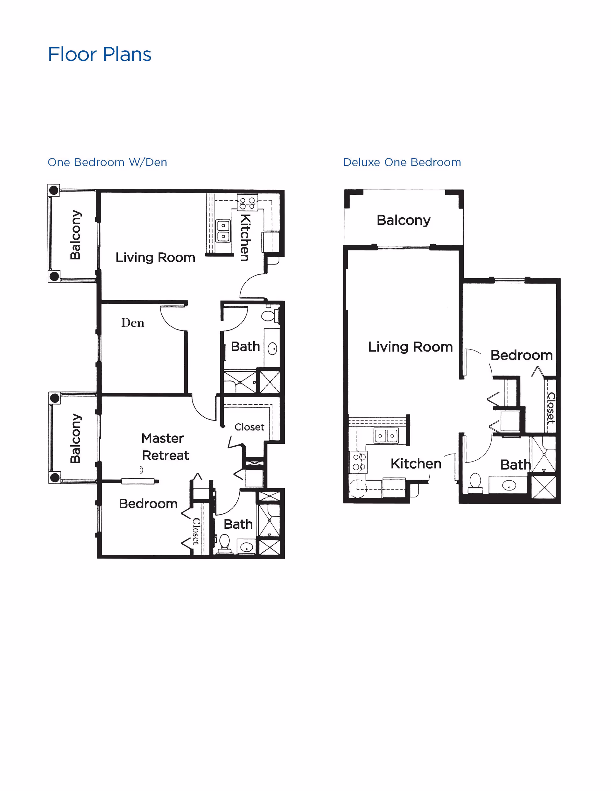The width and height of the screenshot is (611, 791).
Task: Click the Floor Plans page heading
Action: (x=100, y=55)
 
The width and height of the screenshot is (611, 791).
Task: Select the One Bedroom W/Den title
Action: (x=108, y=162)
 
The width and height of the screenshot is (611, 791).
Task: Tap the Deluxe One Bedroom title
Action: (x=402, y=162)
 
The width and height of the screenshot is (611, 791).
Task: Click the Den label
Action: (x=133, y=323)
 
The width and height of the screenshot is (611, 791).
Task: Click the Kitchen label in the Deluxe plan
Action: (x=416, y=463)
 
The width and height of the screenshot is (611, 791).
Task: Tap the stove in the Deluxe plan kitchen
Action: (x=359, y=462)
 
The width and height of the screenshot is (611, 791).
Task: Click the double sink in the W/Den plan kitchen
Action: (x=223, y=231)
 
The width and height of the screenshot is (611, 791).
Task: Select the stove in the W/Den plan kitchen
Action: (x=247, y=203)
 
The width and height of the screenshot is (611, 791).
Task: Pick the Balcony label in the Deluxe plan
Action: (x=404, y=220)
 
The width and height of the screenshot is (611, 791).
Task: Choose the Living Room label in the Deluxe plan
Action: (x=410, y=347)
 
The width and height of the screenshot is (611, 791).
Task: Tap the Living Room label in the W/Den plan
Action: (x=155, y=258)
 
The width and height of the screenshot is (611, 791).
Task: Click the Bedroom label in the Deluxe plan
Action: (x=521, y=355)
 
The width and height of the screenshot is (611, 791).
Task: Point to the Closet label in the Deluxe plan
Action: (x=551, y=407)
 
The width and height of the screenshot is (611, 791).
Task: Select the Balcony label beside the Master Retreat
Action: (x=75, y=438)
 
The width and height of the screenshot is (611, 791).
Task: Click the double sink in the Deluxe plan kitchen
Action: (x=386, y=436)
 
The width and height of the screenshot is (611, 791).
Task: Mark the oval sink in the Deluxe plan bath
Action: (x=509, y=485)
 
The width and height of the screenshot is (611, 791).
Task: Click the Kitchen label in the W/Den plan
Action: (x=245, y=237)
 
